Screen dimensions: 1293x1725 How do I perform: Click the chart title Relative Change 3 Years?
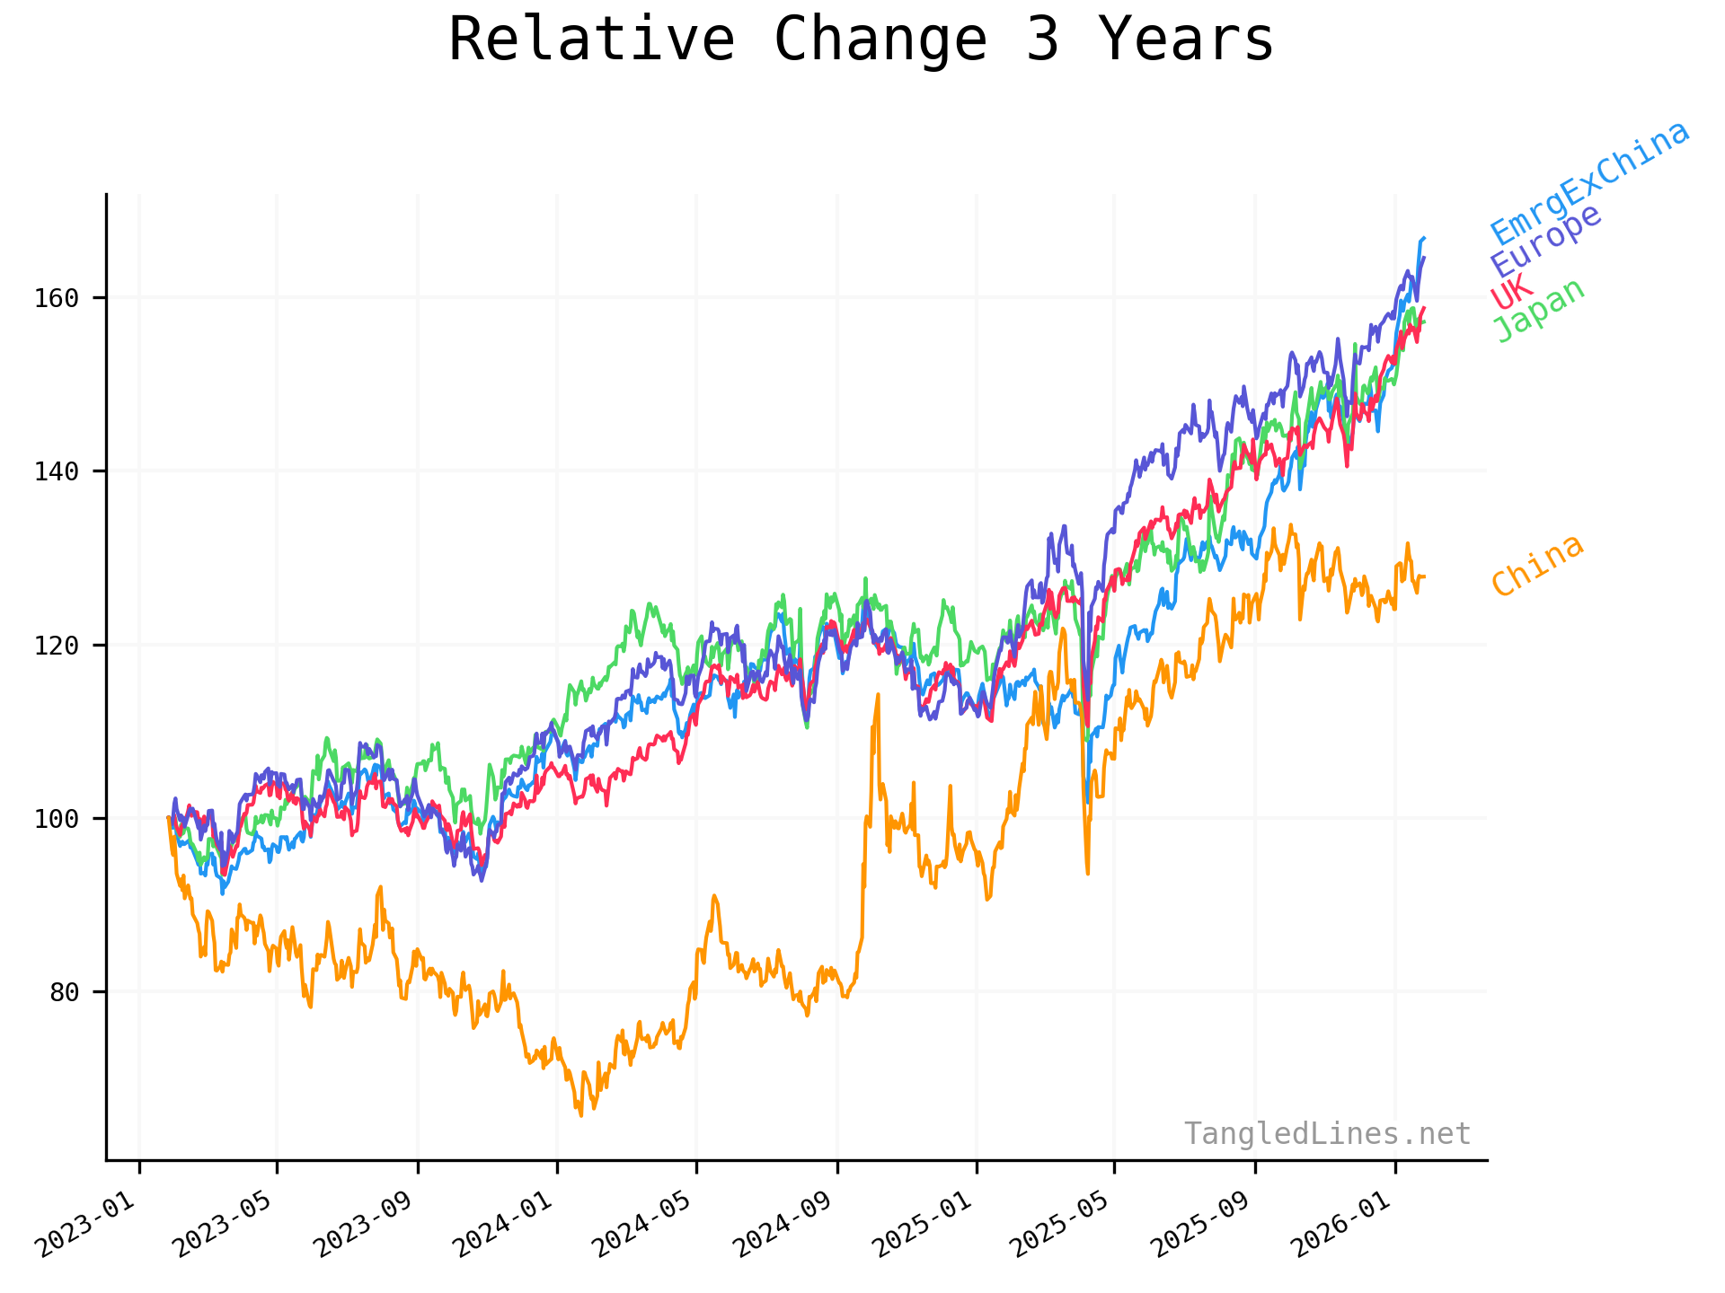[861, 40]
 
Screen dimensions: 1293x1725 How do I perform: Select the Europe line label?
[1545, 240]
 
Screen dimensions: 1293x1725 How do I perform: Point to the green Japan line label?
[1540, 310]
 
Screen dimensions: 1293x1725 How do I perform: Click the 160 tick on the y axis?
[57, 298]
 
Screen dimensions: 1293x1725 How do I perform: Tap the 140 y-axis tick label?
[57, 471]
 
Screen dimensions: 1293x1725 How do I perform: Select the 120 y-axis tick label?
[57, 645]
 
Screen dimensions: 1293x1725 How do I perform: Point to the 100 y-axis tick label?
[57, 819]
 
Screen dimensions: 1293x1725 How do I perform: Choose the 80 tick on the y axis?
[65, 992]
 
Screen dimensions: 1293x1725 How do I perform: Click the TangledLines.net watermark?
[1327, 1134]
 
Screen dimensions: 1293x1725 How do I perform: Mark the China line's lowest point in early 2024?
[581, 1115]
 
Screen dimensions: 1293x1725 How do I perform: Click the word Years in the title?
[1186, 40]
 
